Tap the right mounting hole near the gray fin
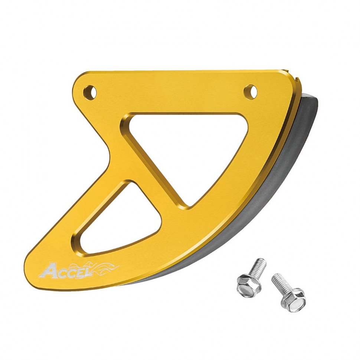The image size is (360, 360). pos(251,90)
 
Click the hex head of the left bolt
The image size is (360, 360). pos(249,285)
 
